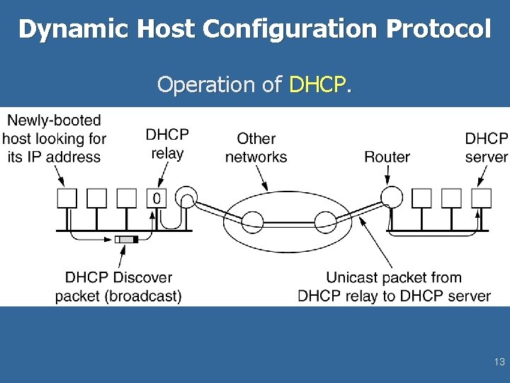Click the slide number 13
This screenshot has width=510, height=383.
[499, 362]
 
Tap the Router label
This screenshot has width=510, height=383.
[387, 157]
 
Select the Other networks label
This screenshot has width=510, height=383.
[256, 148]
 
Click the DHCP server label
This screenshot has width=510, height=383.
[486, 148]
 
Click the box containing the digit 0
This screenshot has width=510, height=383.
[157, 198]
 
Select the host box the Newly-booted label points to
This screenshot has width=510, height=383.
[67, 198]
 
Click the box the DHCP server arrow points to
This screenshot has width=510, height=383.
[482, 197]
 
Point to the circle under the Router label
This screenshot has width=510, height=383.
[391, 196]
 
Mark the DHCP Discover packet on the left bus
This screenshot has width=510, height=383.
[126, 240]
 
